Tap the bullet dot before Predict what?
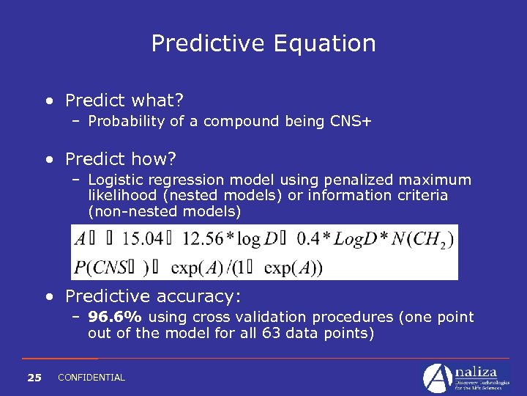tap(48, 100)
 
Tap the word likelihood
tap(118, 196)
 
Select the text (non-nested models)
tap(164, 211)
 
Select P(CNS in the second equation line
tap(103, 266)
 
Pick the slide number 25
tap(34, 378)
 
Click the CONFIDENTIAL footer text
tap(91, 378)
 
